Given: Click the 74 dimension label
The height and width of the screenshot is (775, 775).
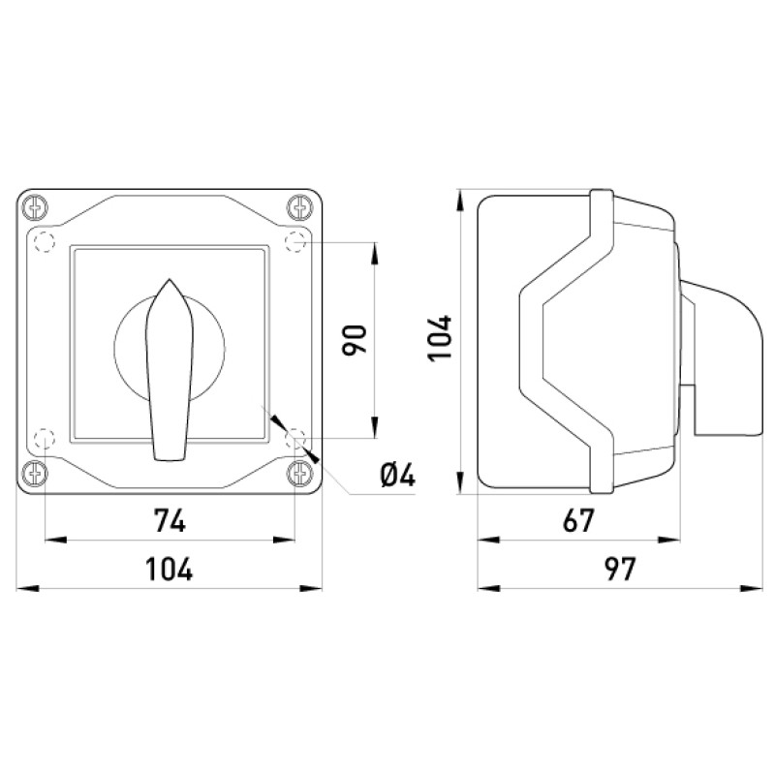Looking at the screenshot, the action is [x=170, y=520].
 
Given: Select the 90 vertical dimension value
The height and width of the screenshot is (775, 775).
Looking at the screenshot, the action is [x=355, y=340].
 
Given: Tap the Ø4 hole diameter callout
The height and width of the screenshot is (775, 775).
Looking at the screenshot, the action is [x=398, y=476].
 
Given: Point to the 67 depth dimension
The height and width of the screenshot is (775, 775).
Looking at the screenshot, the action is [x=577, y=520].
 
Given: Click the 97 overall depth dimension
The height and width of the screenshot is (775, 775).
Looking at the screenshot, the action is [x=620, y=569].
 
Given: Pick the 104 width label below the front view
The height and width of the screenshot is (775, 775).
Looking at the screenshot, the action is [x=169, y=569].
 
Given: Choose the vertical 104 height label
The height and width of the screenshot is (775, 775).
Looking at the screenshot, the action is [x=440, y=338].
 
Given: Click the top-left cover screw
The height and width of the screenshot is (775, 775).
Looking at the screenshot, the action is [x=36, y=207].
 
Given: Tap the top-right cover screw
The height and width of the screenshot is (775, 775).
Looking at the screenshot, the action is [x=300, y=207].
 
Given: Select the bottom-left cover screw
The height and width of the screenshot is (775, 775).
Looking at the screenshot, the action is [x=36, y=473].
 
